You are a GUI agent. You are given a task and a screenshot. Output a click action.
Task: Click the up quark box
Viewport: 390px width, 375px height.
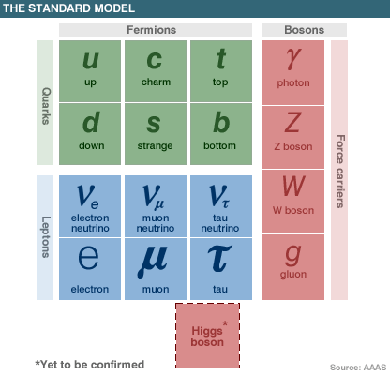point(90,71)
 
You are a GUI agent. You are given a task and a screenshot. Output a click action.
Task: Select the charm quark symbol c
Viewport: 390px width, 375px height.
point(155,60)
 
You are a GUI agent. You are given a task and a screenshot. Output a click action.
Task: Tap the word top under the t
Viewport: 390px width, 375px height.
point(220,82)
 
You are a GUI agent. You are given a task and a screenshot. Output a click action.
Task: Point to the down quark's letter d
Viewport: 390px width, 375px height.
point(91,122)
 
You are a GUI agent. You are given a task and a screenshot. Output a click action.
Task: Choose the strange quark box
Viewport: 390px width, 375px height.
point(156,134)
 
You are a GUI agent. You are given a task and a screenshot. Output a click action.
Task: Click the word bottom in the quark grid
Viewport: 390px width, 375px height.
point(219,145)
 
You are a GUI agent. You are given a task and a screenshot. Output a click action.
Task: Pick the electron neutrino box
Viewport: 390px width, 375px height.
point(90,206)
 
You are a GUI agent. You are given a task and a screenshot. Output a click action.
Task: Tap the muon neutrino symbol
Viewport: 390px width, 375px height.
point(154,197)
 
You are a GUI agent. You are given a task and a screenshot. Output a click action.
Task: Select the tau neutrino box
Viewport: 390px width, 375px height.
point(221,206)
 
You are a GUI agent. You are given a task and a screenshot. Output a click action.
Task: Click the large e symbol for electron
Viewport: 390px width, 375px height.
point(88,258)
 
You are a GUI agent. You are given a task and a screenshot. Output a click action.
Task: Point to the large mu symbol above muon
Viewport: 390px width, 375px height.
point(153,262)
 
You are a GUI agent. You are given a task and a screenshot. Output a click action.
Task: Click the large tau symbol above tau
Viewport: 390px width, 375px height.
point(219,258)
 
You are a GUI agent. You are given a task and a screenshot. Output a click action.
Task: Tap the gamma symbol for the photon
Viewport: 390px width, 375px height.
point(293,59)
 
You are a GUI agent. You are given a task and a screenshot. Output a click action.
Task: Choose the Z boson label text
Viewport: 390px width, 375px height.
point(293,146)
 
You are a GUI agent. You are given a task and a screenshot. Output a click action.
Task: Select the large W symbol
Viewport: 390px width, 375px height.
point(293,186)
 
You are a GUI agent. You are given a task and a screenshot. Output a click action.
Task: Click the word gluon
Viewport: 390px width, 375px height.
point(293,275)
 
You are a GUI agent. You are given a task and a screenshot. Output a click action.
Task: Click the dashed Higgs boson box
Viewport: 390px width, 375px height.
point(207,336)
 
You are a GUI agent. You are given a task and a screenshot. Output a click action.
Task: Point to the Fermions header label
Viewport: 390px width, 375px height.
point(152,30)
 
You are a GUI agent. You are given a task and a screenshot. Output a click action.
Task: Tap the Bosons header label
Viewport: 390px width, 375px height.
point(305,30)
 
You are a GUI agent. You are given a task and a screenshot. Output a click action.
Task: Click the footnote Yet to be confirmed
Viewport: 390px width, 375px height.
point(90,365)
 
